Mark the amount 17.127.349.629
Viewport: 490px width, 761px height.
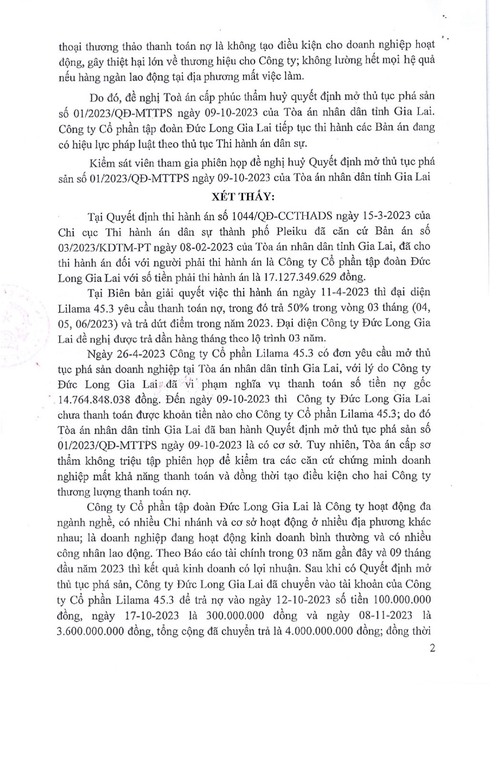pyautogui.click(x=307, y=277)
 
